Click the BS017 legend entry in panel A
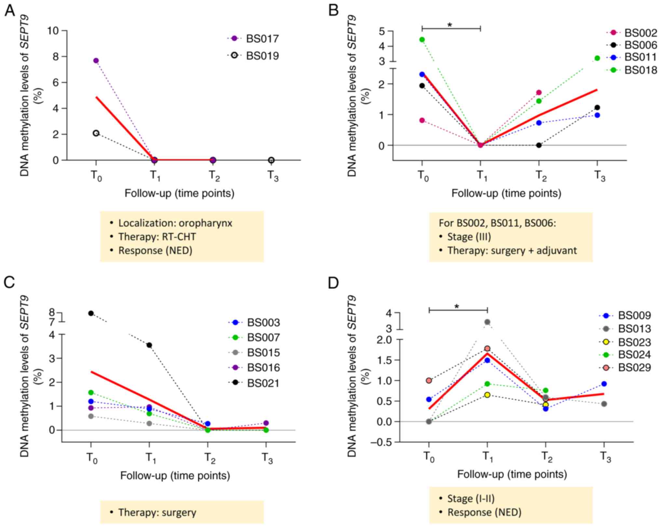[x=262, y=39]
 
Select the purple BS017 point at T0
[x=96, y=60]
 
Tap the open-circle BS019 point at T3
[x=271, y=160]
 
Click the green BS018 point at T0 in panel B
[x=422, y=40]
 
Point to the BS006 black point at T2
[x=539, y=145]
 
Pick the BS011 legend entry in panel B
[x=640, y=57]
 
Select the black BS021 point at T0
[x=91, y=313]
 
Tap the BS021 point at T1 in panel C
[x=149, y=345]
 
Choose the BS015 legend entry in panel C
[x=263, y=353]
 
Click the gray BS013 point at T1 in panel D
[x=487, y=322]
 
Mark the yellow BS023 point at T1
[x=487, y=395]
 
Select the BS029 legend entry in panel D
[x=634, y=367]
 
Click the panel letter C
[x=9, y=283]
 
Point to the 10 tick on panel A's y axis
[x=53, y=31]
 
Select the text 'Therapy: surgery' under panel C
[x=157, y=512]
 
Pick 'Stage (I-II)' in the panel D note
[x=471, y=498]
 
